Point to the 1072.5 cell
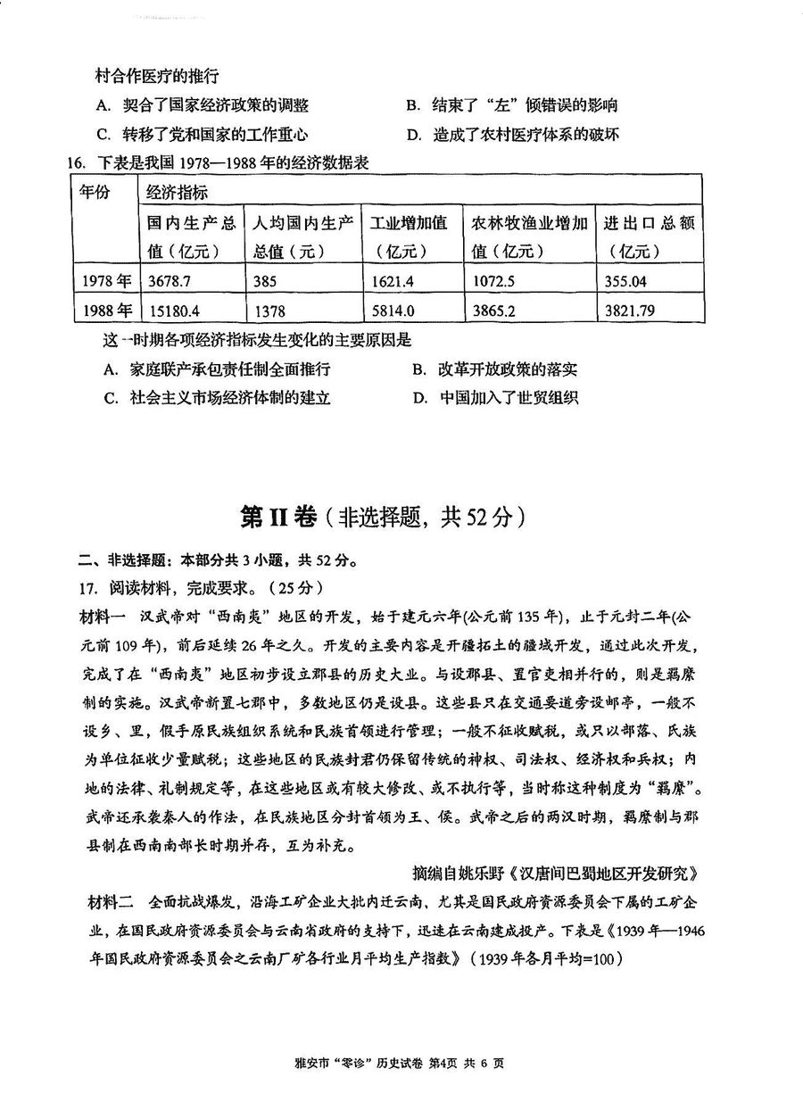click(x=493, y=281)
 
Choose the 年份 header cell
click(x=95, y=192)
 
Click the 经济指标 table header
click(x=178, y=192)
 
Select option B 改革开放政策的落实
click(x=495, y=369)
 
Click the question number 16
click(x=69, y=163)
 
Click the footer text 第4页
click(x=447, y=1063)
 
